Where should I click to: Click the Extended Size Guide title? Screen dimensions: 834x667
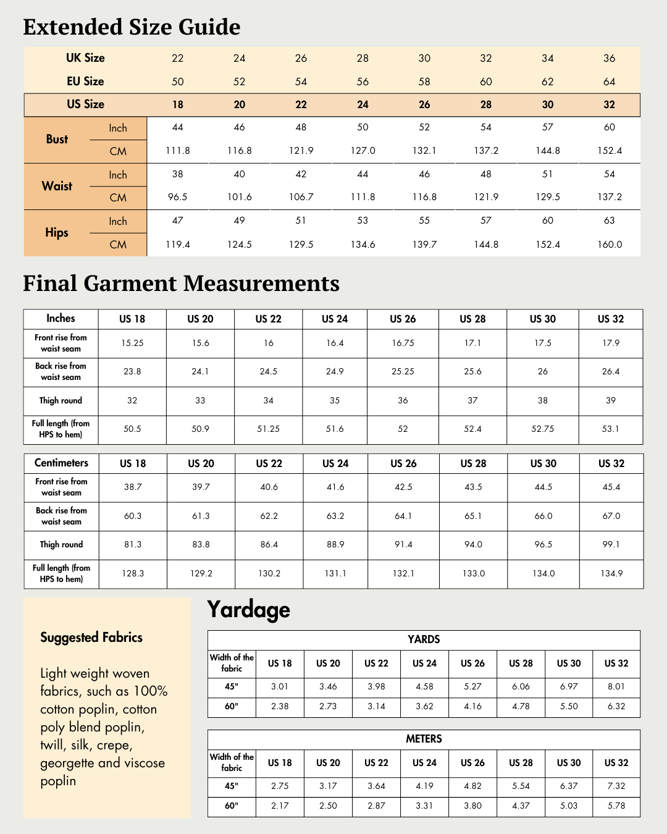132,27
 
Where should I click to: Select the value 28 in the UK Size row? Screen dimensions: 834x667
363,58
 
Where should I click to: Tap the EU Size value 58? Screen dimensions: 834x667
424,82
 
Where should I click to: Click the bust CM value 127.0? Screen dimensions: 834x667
363,151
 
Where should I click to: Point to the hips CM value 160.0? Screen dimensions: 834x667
610,245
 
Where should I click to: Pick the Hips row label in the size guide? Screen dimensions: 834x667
57,233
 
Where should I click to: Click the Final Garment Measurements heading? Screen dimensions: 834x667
181,284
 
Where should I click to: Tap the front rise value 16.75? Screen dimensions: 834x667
403,343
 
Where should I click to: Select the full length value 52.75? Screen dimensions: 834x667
542,429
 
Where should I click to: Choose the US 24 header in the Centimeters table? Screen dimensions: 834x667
335,463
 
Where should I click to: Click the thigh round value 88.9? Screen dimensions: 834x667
335,545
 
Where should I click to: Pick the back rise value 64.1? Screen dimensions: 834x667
403,516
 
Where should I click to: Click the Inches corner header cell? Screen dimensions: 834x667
61,319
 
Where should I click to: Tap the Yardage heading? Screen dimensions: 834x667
248,610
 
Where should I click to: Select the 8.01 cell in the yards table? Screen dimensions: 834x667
616,686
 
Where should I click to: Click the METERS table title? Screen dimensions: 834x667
424,739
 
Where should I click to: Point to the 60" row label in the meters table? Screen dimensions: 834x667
232,806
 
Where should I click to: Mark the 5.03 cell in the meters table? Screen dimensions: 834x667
569,806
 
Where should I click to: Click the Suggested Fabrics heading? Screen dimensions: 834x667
91,638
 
